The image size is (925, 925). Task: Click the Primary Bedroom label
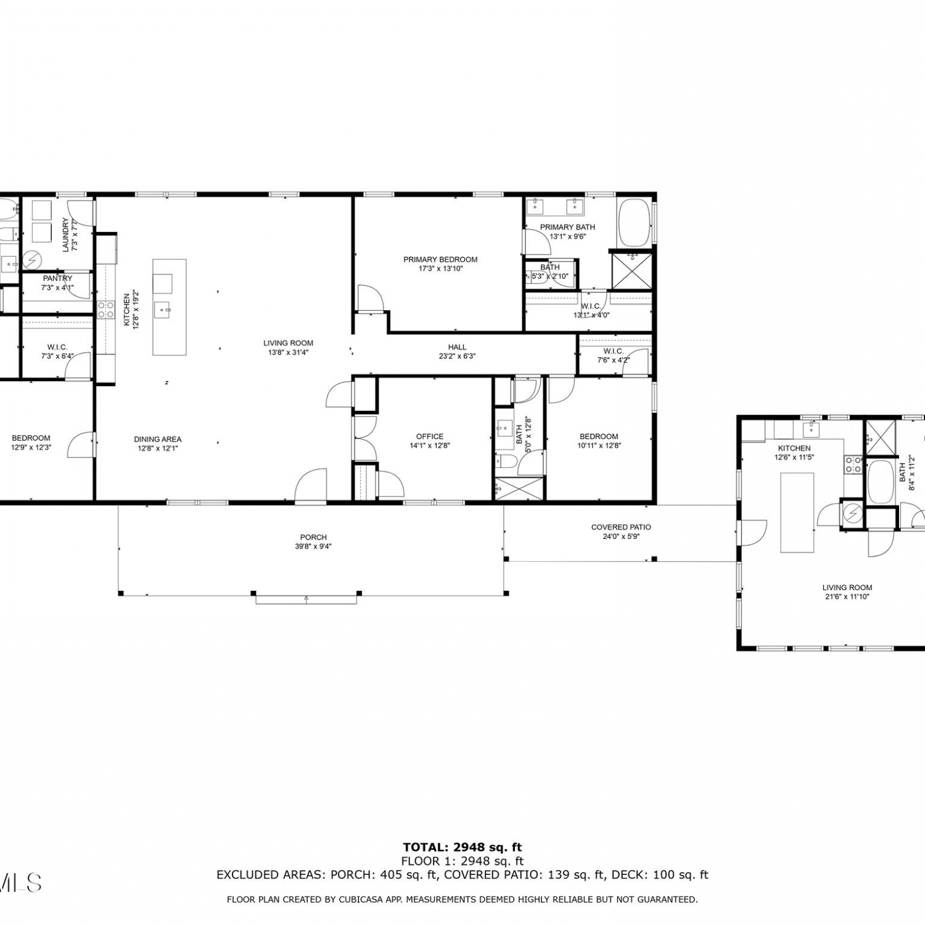click(x=440, y=260)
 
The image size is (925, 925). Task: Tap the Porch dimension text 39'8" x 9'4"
click(x=313, y=546)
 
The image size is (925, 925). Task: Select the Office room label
click(x=430, y=437)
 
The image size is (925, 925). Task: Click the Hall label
click(x=457, y=347)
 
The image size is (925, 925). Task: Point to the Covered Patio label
click(x=621, y=527)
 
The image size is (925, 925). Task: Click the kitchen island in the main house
click(x=170, y=307)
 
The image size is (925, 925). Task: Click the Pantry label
click(x=57, y=279)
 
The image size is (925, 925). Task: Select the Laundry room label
click(x=66, y=235)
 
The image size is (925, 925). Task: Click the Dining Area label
click(x=158, y=440)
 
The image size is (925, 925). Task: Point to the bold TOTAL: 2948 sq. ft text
click(x=462, y=847)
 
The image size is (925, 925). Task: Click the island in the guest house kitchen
click(x=797, y=512)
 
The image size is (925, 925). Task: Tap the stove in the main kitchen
click(x=105, y=309)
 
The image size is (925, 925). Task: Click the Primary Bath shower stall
click(x=631, y=269)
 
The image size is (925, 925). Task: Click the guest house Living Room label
click(x=847, y=588)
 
